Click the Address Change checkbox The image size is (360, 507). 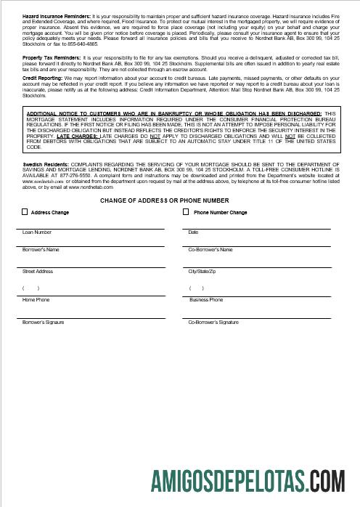25,213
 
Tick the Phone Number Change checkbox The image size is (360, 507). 187,213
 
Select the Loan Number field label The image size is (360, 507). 37,232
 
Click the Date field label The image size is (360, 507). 193,232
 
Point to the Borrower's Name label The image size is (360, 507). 41,250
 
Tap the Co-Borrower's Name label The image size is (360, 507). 210,250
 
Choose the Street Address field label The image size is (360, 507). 38,272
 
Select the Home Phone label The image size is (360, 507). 36,299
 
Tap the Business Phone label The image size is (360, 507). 206,299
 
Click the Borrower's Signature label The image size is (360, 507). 44,321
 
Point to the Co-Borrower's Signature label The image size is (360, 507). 213,321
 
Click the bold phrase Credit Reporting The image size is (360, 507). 41,76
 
